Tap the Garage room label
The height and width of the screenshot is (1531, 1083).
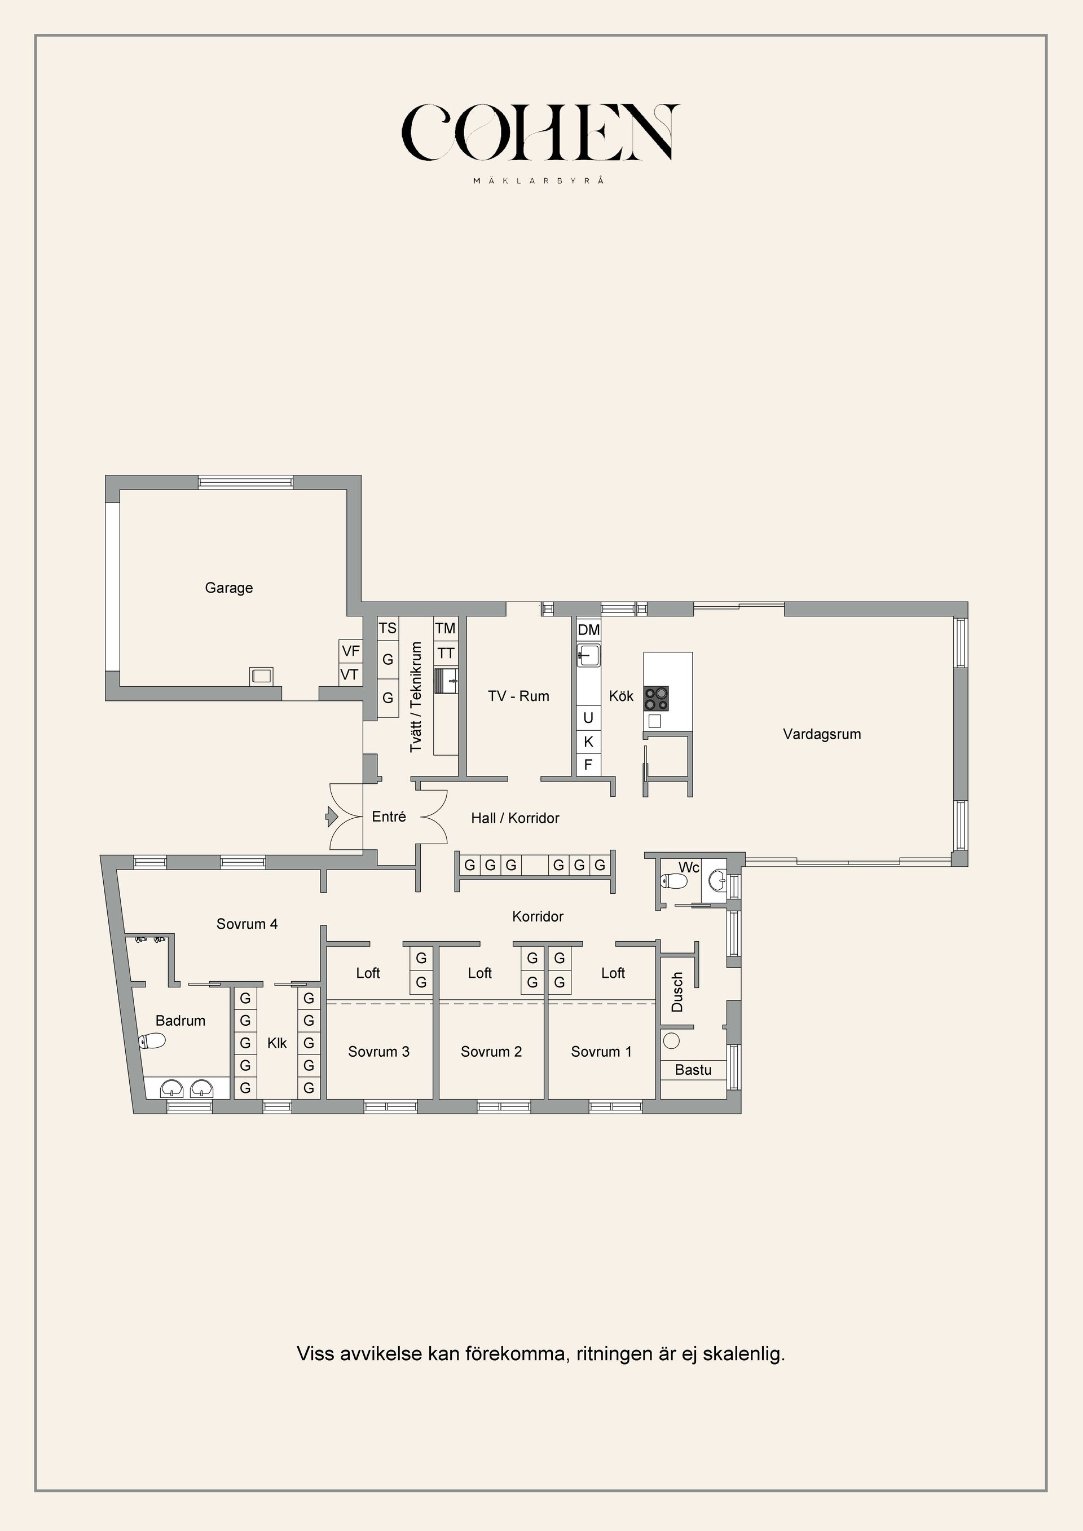coord(229,588)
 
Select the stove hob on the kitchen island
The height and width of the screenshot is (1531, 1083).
coord(655,698)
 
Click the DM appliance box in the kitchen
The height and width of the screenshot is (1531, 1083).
coord(588,629)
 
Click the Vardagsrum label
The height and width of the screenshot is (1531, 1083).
coord(822,734)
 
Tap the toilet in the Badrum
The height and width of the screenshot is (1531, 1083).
coord(152,1041)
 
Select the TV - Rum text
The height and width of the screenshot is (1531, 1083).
coord(518,696)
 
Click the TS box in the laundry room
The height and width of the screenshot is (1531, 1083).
coord(388,628)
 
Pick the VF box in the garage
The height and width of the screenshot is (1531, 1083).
coord(350,651)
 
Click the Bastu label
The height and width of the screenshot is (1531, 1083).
coord(693,1070)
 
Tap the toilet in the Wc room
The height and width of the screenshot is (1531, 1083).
coord(673,881)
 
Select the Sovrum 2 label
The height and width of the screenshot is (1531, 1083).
coord(491,1052)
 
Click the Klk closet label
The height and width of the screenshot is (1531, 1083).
coord(277,1043)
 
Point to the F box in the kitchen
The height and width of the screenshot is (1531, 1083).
coord(588,765)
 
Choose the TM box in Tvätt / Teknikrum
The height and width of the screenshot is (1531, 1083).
coord(445,628)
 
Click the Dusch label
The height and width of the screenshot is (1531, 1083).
coord(677,992)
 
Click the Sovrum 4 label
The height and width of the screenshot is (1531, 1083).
coord(246,924)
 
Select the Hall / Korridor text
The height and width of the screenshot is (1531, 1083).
coord(515,818)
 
